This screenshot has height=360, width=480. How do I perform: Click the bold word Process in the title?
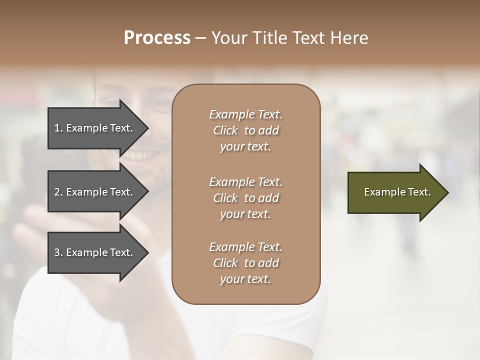click(x=157, y=38)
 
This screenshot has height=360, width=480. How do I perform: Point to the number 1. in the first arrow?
click(x=58, y=128)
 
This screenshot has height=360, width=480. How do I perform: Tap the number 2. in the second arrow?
click(x=58, y=192)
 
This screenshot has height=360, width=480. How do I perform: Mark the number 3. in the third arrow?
click(x=58, y=252)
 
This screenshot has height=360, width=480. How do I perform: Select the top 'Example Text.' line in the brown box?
click(x=245, y=114)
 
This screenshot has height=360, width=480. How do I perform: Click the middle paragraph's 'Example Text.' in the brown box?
click(x=245, y=181)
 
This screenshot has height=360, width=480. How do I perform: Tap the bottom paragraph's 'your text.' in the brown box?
click(x=245, y=279)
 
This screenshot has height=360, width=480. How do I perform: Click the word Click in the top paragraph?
click(x=225, y=130)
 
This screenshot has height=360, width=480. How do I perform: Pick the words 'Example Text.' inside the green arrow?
click(x=397, y=192)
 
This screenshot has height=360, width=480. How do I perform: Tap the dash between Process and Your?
click(x=200, y=38)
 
